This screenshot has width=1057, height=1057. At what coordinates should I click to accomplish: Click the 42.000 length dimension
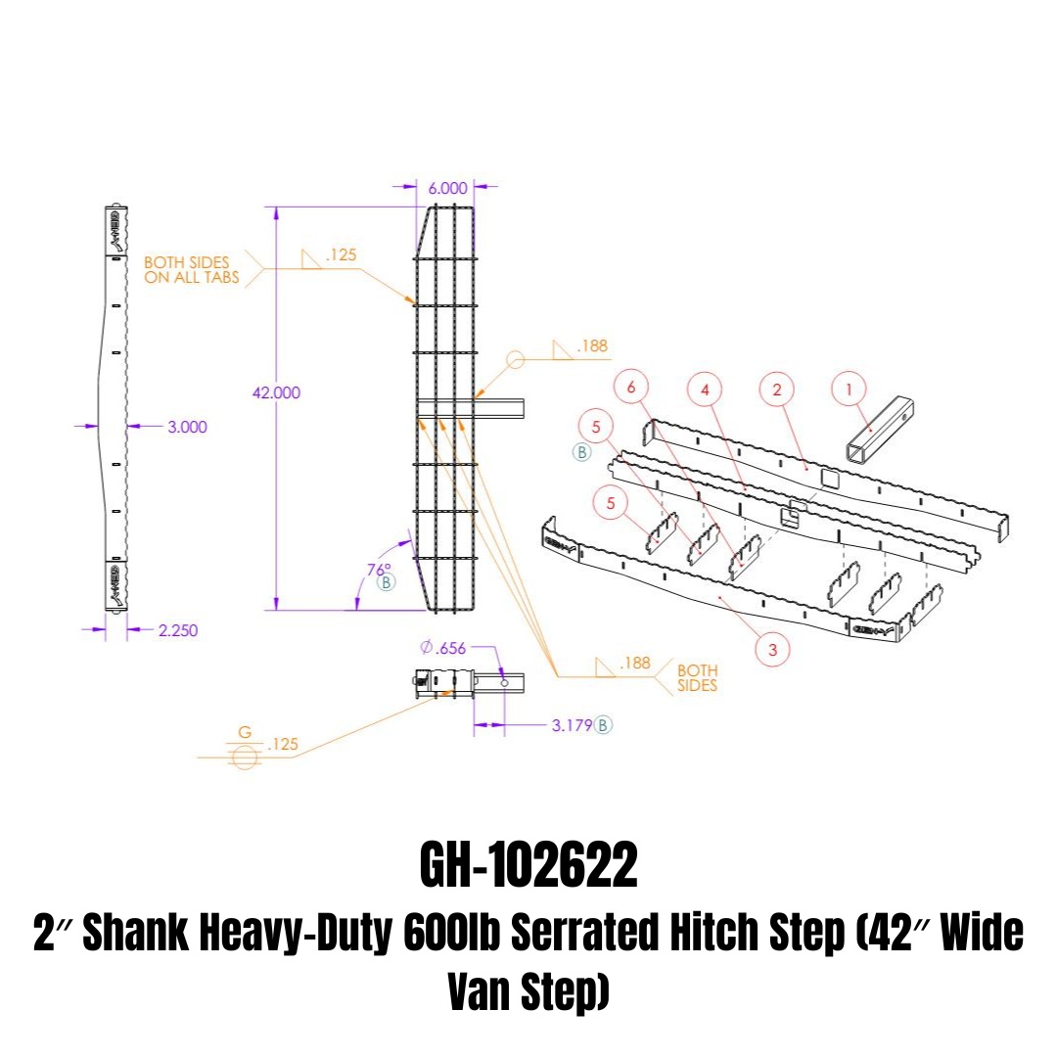coord(276,392)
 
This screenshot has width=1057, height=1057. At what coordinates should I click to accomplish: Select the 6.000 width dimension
coord(447,188)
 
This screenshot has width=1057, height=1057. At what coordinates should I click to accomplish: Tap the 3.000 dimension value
coord(187,427)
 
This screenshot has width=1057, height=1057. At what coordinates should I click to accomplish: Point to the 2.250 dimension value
coord(178,630)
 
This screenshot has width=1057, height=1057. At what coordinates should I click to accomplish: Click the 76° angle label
coord(379,570)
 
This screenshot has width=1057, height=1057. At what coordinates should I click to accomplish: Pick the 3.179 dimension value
coord(572,725)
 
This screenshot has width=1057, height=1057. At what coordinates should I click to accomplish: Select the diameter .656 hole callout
coord(443,648)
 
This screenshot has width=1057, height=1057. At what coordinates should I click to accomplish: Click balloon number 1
coord(849,389)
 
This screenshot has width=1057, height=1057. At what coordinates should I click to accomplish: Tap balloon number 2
coord(776,390)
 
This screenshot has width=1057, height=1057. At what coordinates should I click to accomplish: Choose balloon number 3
coord(772,649)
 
